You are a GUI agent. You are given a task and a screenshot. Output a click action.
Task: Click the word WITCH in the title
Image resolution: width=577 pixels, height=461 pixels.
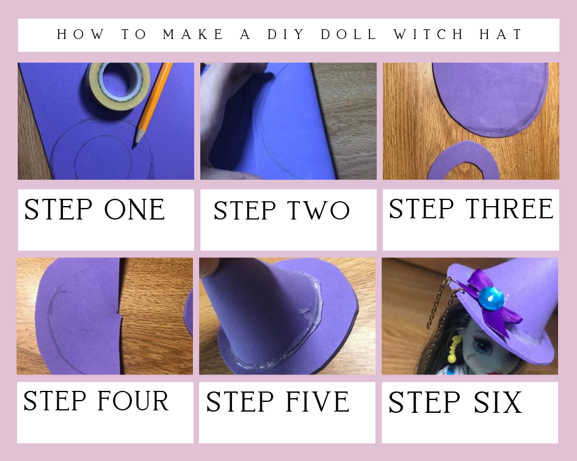point(429,34)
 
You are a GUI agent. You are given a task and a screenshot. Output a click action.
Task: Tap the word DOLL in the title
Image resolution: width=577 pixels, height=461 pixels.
point(349,34)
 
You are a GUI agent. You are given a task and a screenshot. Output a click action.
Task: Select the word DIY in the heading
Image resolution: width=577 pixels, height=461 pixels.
point(286,34)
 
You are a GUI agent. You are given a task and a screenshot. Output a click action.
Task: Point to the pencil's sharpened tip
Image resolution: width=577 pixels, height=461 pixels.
point(134,147)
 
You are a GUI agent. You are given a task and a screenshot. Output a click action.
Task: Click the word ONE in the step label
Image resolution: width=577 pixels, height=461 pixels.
point(134,210)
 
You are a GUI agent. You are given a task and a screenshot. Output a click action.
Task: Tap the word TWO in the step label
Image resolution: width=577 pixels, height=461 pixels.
point(318,210)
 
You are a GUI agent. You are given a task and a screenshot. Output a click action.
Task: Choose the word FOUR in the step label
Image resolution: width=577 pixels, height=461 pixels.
point(133,401)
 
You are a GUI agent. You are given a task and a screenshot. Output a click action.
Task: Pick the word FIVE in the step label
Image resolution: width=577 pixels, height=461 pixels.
point(318,401)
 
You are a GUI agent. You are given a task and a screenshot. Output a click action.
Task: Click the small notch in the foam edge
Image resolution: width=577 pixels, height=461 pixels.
point(119,313)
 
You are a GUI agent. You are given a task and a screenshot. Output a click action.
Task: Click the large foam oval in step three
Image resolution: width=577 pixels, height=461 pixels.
point(490,99)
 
